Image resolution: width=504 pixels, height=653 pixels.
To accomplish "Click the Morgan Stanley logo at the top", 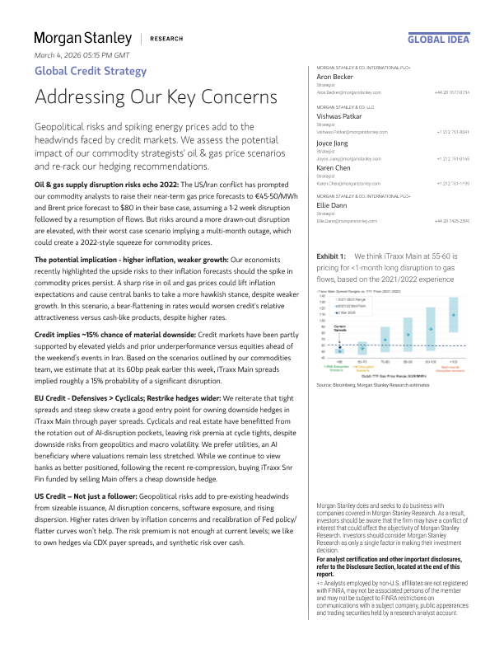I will click(82, 38).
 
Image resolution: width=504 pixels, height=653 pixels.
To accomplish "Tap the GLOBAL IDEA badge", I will click(439, 39).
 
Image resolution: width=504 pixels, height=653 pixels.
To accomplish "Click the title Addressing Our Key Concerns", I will click(156, 96).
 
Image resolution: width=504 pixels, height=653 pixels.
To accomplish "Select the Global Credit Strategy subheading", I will click(91, 71).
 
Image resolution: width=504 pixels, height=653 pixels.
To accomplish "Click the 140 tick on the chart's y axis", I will click(324, 294).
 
